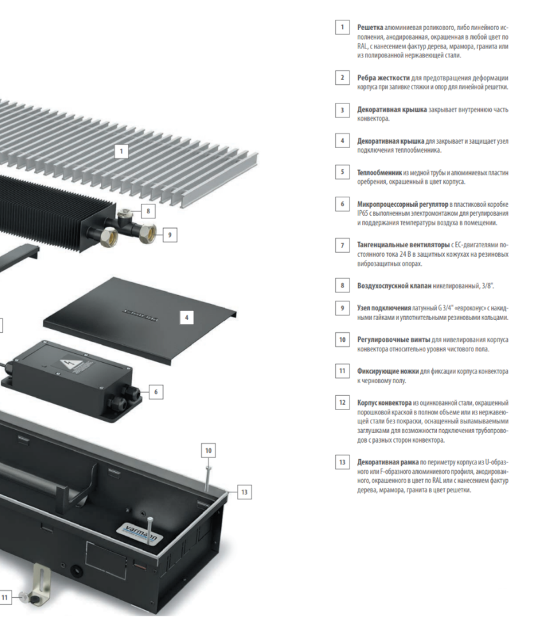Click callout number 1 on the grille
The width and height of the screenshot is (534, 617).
(x=121, y=151)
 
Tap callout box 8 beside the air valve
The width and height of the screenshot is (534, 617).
(x=148, y=211)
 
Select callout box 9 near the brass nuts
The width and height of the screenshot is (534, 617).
(x=170, y=235)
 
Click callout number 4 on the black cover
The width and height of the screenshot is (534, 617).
(x=187, y=317)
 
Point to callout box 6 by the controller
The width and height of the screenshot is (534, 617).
(x=156, y=392)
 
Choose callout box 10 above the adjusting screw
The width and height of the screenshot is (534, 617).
(x=208, y=450)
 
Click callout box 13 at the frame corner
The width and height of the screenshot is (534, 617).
(x=245, y=492)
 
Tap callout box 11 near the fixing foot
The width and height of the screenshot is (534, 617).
(x=4, y=597)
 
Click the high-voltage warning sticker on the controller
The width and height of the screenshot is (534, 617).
(x=72, y=364)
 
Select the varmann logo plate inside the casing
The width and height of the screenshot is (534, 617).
(x=141, y=533)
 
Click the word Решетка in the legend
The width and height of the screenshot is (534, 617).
(x=370, y=27)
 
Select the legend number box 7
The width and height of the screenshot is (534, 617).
(x=342, y=245)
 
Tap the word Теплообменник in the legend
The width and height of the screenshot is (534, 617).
(x=379, y=172)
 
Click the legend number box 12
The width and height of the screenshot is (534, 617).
(x=342, y=402)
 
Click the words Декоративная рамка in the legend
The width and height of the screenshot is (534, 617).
(x=388, y=462)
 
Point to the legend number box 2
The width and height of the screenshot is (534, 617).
(x=342, y=77)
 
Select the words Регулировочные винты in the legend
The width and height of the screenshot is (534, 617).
(x=393, y=340)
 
